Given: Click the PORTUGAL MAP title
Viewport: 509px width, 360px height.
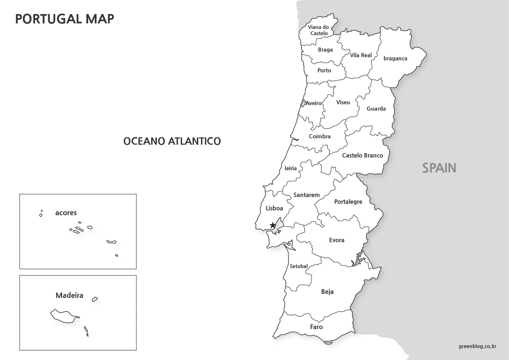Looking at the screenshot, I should pyautogui.click(x=64, y=19).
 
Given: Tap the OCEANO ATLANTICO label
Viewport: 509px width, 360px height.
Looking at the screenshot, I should pyautogui.click(x=172, y=141).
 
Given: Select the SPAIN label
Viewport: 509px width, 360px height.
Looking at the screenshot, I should pyautogui.click(x=439, y=168).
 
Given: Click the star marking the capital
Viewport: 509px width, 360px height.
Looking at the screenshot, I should pyautogui.click(x=272, y=225).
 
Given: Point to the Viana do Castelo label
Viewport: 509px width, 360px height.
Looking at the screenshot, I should pyautogui.click(x=319, y=30).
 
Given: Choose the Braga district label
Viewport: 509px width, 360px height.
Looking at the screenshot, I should pyautogui.click(x=325, y=50).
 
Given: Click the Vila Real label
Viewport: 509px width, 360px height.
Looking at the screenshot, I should pyautogui.click(x=361, y=55).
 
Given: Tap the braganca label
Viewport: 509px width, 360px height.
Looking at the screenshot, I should pyautogui.click(x=395, y=59).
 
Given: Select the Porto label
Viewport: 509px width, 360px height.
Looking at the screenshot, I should pyautogui.click(x=324, y=70).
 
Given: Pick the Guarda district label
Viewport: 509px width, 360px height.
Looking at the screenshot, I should pyautogui.click(x=376, y=109).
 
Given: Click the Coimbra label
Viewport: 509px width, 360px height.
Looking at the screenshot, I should pyautogui.click(x=319, y=136).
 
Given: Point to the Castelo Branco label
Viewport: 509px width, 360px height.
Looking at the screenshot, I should pyautogui.click(x=362, y=155).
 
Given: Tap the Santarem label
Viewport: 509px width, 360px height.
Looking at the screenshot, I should pyautogui.click(x=306, y=195).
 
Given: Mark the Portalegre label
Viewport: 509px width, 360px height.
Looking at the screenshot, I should pyautogui.click(x=348, y=202).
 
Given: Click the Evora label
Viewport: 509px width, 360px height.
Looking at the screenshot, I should pyautogui.click(x=336, y=240).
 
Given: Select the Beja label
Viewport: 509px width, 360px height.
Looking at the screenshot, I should pyautogui.click(x=327, y=292).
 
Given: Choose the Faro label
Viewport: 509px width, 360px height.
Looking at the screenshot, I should pyautogui.click(x=316, y=327).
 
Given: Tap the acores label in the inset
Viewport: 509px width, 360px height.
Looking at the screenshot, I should pyautogui.click(x=66, y=213).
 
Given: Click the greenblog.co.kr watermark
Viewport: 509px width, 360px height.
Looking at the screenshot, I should pyautogui.click(x=477, y=346).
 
